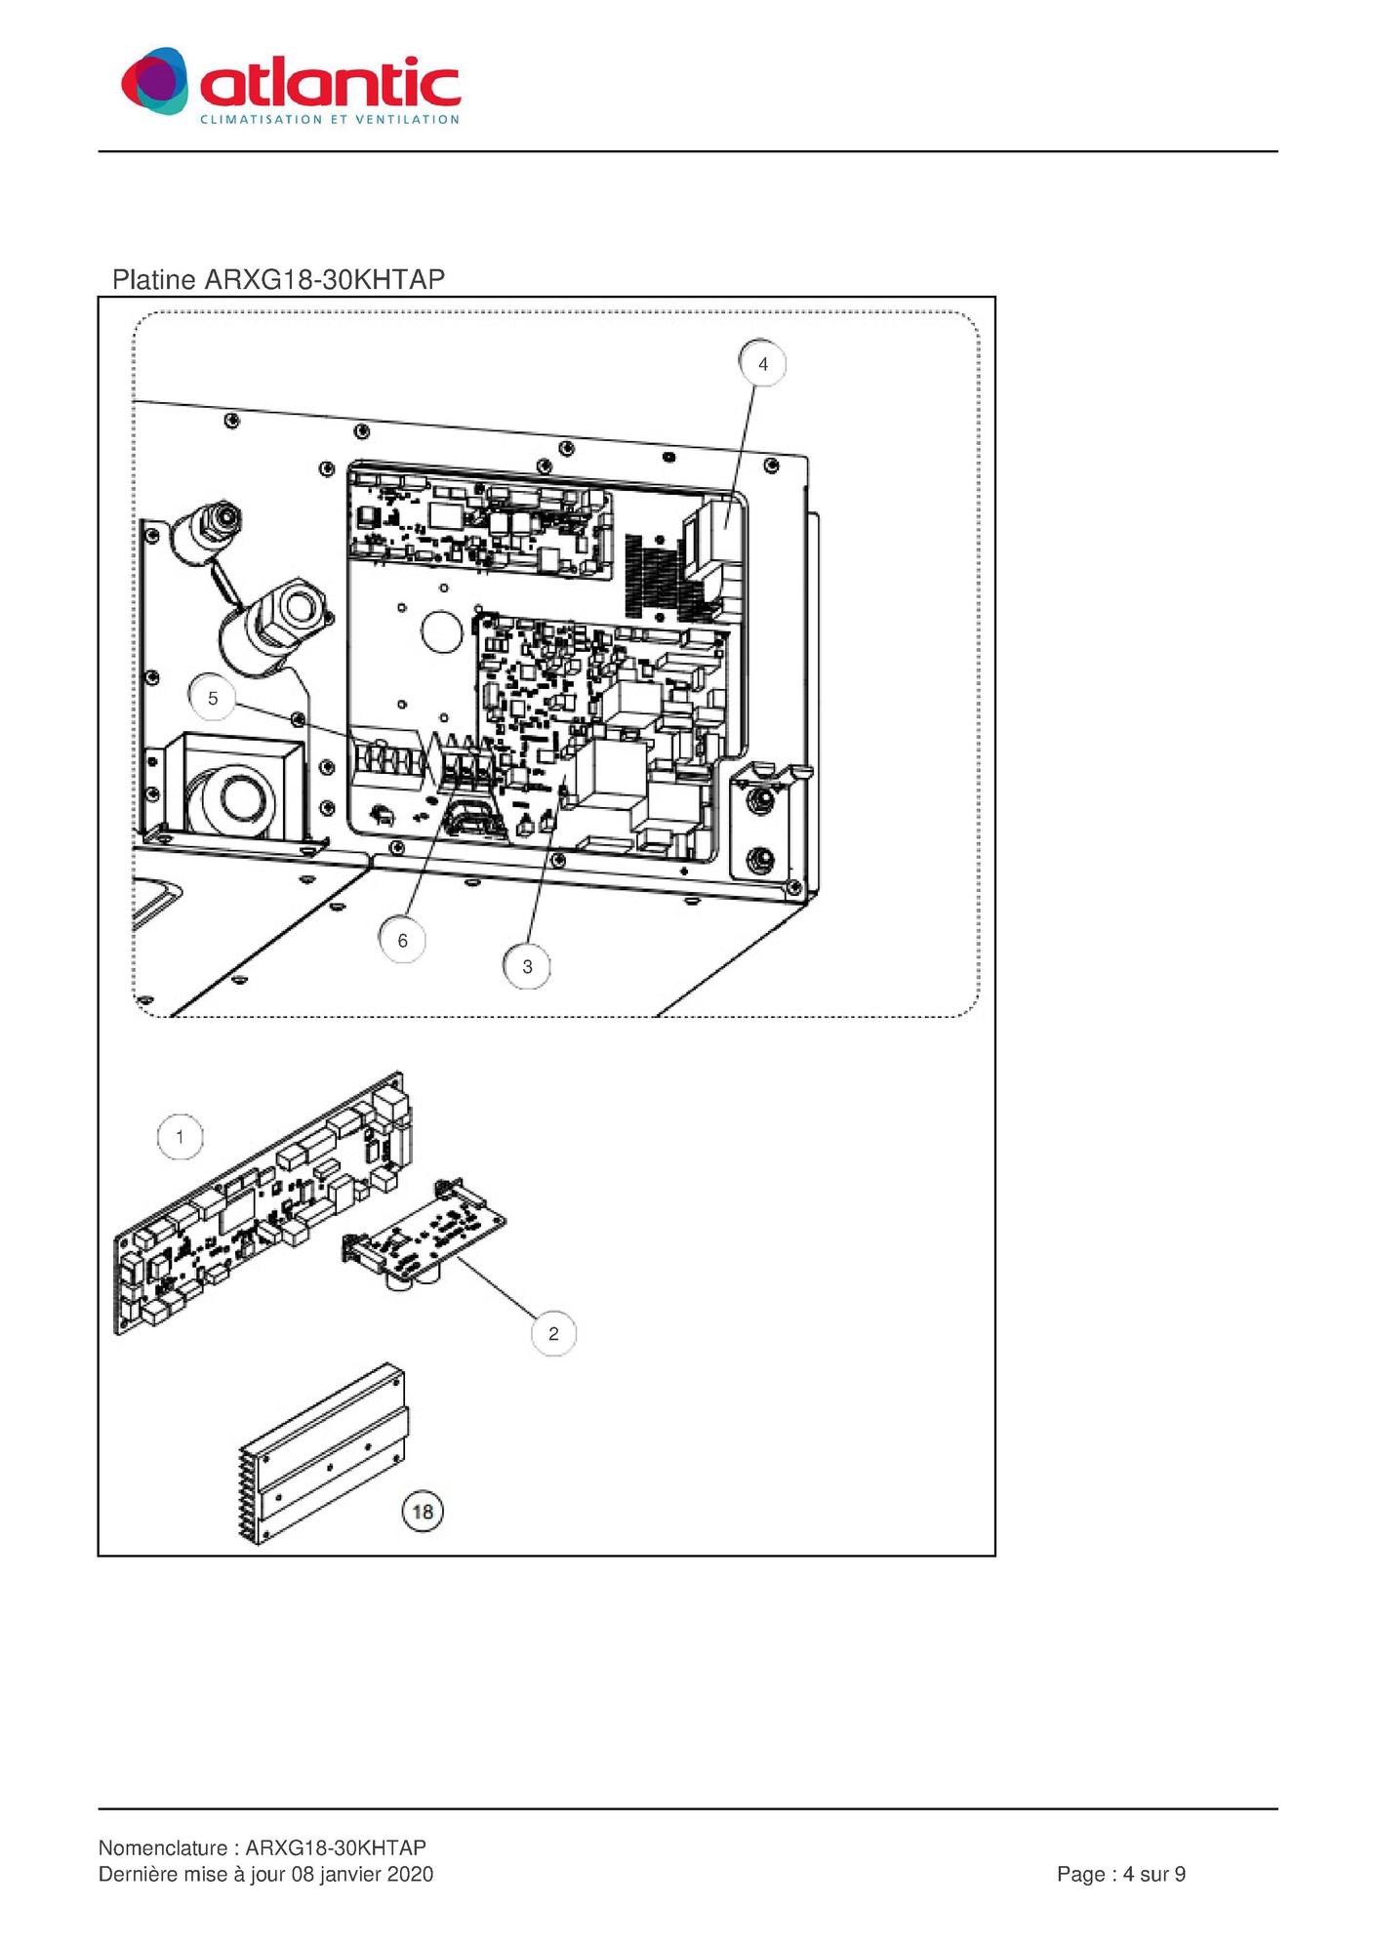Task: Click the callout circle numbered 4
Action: click(763, 364)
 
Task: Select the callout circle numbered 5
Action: click(213, 698)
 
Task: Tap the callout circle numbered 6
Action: click(402, 941)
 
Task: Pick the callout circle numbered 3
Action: click(527, 967)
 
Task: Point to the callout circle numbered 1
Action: click(180, 1137)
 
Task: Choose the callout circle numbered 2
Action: click(553, 1334)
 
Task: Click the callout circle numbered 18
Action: click(423, 1512)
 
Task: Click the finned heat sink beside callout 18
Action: click(322, 1454)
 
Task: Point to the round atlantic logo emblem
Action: click(155, 80)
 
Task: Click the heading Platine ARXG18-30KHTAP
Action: click(278, 280)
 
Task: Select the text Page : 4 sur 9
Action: click(1121, 1874)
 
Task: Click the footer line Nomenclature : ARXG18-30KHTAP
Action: click(263, 1847)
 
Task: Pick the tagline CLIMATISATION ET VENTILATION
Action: click(330, 119)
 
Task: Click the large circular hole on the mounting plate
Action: click(441, 631)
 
